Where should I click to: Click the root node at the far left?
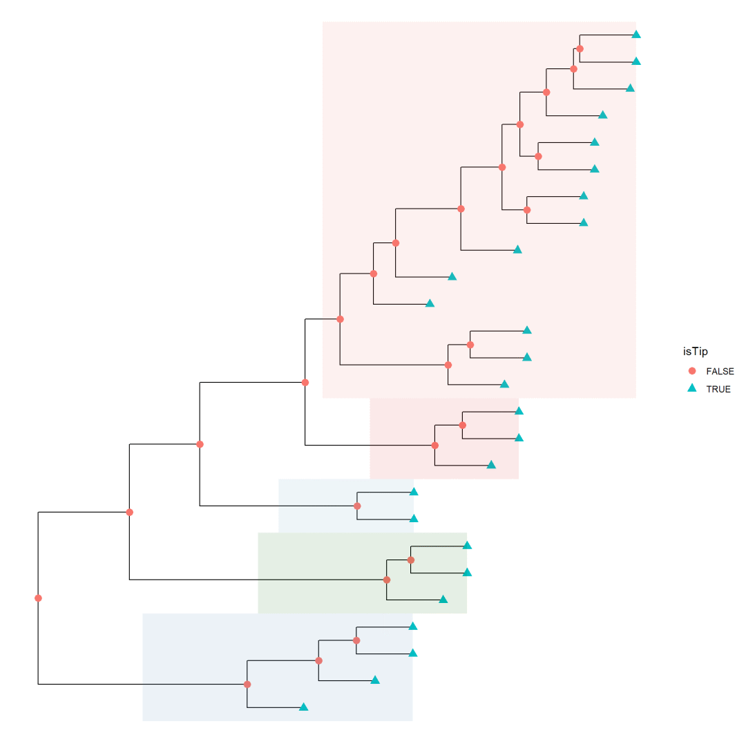[x=38, y=598]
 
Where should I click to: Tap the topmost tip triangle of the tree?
[x=637, y=35]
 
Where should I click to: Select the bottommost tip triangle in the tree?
[x=303, y=707]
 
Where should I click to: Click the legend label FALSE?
[x=720, y=371]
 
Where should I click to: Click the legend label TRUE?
[x=718, y=389]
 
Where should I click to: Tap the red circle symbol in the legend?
[x=693, y=371]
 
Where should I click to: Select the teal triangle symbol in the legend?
[x=693, y=389]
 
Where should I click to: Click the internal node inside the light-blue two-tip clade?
[x=357, y=506]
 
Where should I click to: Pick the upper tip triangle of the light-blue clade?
[x=414, y=492]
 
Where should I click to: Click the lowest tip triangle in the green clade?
[x=443, y=599]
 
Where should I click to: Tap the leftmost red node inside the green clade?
[x=387, y=580]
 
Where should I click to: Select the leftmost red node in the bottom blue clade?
[x=247, y=685]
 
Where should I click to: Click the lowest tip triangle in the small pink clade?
[x=491, y=465]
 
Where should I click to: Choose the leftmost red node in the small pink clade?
[x=435, y=446]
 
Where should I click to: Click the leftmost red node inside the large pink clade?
[x=340, y=319]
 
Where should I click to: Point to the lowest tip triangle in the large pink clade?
[x=504, y=384]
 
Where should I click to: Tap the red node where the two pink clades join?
[x=305, y=382]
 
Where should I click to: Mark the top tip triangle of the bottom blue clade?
[x=413, y=626]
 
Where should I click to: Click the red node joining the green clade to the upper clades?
[x=129, y=512]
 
